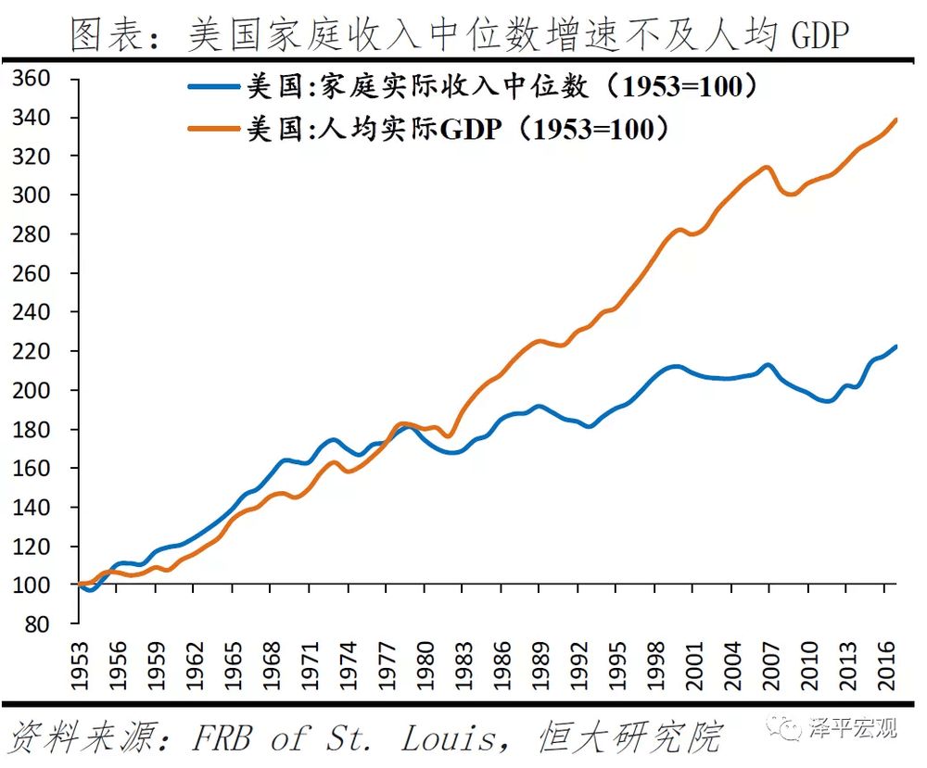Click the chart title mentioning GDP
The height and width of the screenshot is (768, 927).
click(x=461, y=34)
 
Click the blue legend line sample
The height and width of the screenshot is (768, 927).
click(x=215, y=87)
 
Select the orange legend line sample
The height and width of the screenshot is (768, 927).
click(x=215, y=129)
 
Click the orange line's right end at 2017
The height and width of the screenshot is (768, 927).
click(x=896, y=120)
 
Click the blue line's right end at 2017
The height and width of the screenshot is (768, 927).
click(x=896, y=346)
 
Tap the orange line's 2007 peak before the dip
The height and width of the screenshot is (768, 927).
click(x=766, y=168)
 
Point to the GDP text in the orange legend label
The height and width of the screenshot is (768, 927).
click(x=470, y=129)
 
